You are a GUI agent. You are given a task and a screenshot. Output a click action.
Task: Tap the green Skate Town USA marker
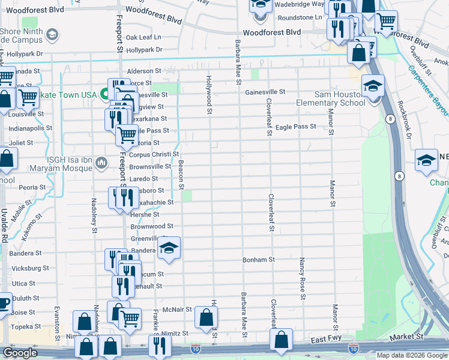[x=104, y=95]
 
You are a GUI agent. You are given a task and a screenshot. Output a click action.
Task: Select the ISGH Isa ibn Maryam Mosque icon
[x=102, y=161]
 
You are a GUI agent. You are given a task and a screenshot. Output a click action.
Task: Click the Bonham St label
[x=258, y=260]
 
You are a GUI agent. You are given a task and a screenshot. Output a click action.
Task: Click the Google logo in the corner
[x=20, y=353]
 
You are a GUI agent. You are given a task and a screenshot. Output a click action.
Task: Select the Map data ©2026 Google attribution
[x=412, y=355]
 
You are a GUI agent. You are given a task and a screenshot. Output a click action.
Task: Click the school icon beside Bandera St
[x=169, y=249]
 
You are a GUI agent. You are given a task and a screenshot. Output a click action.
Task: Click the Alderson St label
[x=143, y=70]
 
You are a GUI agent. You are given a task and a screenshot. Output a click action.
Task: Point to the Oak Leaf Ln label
[x=144, y=37]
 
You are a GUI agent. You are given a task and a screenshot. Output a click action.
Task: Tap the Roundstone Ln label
[x=298, y=17]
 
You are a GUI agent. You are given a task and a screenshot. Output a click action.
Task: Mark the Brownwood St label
[x=152, y=226]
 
